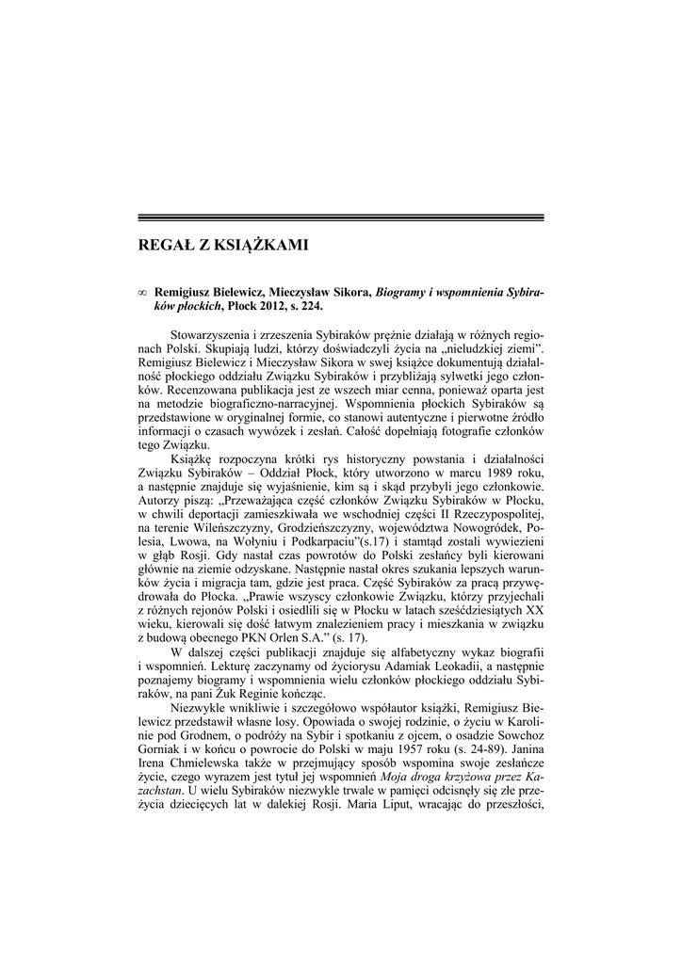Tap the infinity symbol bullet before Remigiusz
pos(142,293)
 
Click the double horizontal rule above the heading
pos(341,218)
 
